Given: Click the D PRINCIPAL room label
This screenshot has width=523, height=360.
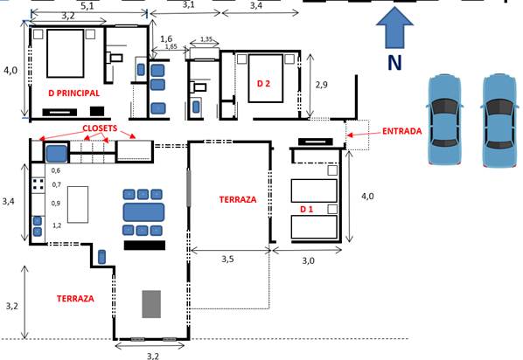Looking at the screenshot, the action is coord(74,93).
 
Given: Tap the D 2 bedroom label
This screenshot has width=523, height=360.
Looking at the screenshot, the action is coord(263,83).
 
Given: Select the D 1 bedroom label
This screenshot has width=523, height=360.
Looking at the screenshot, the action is coord(306,209).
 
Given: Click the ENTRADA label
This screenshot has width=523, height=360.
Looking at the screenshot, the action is coord(402,131).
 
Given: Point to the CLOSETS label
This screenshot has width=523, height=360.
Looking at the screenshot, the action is coord(100,128).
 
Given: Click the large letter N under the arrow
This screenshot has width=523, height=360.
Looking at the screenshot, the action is coord(394,62).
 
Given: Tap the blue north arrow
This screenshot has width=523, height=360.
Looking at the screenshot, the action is coord(394,28).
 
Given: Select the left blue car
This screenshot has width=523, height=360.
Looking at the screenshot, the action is coord(444,120).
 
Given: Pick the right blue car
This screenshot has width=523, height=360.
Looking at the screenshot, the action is coord(499,120).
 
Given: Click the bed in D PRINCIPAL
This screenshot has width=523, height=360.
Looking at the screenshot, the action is coord(66,53).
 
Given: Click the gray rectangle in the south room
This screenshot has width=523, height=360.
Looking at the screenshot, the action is coord(151,304).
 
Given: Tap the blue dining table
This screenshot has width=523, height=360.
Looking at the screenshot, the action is coord(143,212).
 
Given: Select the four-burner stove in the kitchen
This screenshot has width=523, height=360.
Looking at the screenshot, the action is coord(38,185).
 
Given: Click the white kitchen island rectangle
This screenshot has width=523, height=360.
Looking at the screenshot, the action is coord(78,204).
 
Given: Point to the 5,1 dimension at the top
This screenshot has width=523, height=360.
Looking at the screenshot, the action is coord(87,5).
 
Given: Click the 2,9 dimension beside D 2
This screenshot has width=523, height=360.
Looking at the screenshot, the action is coord(322,85).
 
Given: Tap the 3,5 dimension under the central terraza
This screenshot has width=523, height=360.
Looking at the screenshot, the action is coord(227,259).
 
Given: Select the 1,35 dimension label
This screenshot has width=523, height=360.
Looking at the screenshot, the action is coord(206,39).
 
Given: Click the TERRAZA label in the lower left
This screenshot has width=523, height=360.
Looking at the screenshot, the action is coord(75,299).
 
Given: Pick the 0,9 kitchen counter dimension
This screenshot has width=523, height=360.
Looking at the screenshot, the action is coord(56,204).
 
